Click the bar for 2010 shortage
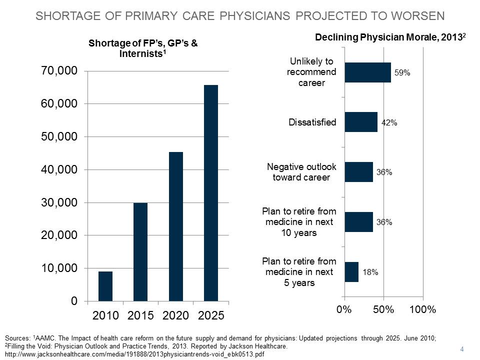pos(105,286)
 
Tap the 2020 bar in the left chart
pos(175,226)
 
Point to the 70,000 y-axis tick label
pos(58,71)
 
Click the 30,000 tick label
pos(58,202)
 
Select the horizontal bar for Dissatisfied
pos(360,122)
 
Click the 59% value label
pos(402,73)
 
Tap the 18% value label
pos(370,273)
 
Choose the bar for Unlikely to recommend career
pos(367,72)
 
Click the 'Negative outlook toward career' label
pos(301,172)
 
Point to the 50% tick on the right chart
pos(383,309)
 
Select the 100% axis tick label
pos(422,309)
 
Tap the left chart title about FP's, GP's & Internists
pos(143,48)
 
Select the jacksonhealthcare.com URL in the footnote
pos(134,354)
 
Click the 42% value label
pos(389,123)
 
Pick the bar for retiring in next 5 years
pos(351,272)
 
